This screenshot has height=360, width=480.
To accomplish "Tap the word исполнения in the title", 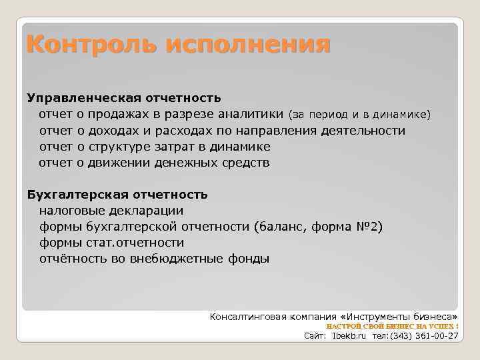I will [x=248, y=45].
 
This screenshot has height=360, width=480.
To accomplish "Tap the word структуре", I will [x=119, y=147].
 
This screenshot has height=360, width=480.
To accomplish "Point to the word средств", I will [x=246, y=163].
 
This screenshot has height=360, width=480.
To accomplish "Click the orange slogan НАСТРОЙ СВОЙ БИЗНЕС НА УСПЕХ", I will [x=392, y=326].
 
